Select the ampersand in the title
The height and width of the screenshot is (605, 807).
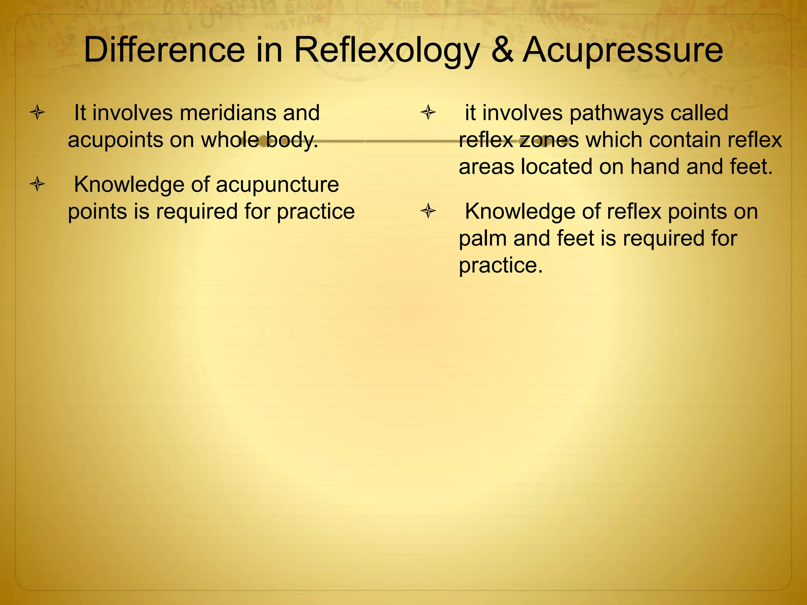coord(502,50)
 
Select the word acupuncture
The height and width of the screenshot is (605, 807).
coord(277,185)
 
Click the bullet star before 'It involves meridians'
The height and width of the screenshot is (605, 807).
coord(37,113)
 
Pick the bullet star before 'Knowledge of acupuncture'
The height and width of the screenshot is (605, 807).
coord(37,184)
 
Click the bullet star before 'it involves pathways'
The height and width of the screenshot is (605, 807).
coord(428,113)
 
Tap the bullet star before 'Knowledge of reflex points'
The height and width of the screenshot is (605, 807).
coord(428,212)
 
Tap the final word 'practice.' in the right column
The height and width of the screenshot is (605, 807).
coord(501,266)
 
